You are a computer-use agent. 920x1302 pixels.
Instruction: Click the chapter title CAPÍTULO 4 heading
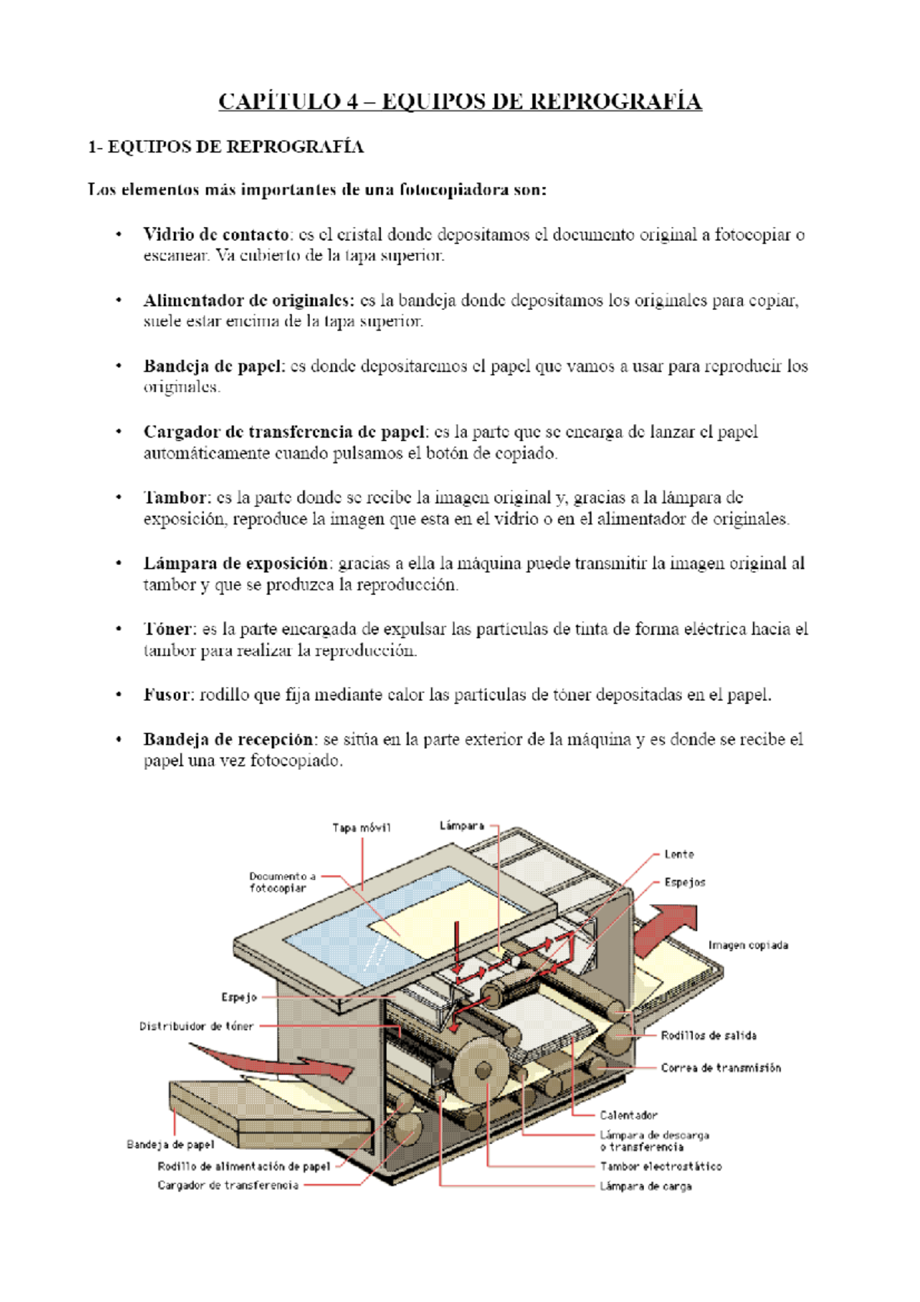click(460, 101)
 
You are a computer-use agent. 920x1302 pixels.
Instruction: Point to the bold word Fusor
click(168, 695)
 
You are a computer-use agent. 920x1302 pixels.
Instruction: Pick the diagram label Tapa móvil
click(361, 827)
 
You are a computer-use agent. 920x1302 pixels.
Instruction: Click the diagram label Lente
click(678, 854)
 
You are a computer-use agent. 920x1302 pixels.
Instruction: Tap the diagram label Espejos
click(684, 883)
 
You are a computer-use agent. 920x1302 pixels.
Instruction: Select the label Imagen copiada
click(747, 945)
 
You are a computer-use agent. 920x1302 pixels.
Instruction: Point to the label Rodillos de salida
click(708, 1036)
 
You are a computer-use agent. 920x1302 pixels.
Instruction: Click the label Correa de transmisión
click(721, 1068)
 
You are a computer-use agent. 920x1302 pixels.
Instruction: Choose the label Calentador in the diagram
click(628, 1116)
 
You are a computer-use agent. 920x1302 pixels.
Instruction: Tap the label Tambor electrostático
click(660, 1166)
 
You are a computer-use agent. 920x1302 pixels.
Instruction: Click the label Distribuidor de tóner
click(196, 1026)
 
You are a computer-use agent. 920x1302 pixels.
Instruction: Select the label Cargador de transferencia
click(228, 1185)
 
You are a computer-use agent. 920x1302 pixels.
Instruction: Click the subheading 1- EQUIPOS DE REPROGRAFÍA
click(225, 147)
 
